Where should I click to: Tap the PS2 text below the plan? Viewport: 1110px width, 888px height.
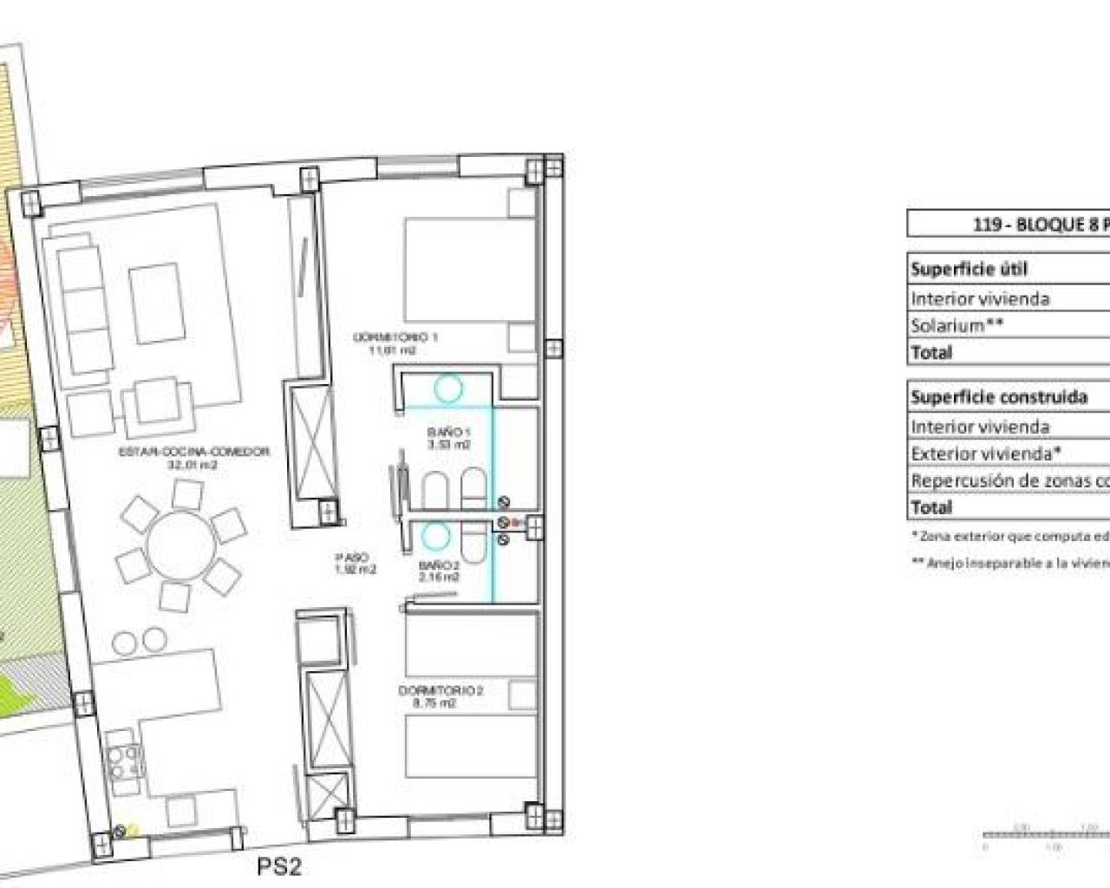[279, 866]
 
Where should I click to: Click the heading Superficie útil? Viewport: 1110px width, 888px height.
[969, 269]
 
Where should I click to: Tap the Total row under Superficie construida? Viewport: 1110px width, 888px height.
[932, 507]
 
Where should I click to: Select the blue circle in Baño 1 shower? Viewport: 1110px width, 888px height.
[447, 388]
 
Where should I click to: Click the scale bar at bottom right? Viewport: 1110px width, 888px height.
[1045, 836]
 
